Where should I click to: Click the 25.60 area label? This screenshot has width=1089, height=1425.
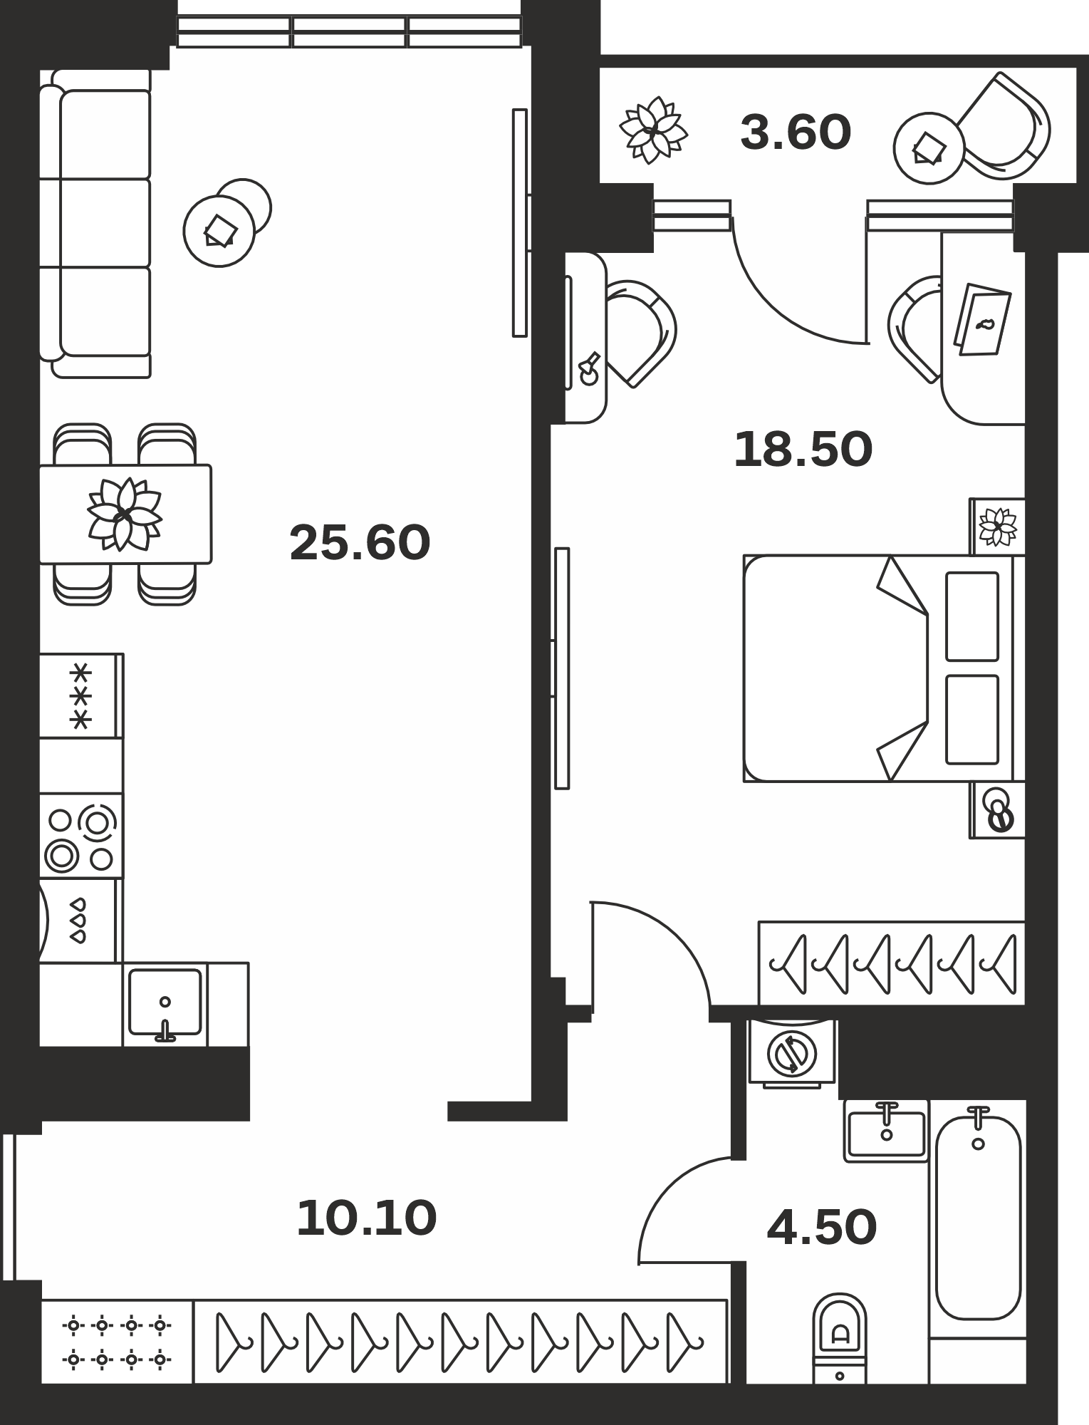tap(360, 543)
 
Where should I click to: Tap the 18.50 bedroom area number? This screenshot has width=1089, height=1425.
tap(803, 450)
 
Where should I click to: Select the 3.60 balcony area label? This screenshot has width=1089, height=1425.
tap(796, 133)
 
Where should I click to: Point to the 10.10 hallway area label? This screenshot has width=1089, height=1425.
tap(366, 1218)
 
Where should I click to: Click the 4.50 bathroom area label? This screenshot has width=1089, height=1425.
tap(821, 1227)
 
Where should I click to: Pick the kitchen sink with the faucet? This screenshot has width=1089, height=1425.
tap(165, 1003)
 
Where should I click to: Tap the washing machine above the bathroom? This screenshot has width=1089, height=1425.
tap(792, 1053)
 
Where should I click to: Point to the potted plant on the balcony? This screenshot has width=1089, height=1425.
tap(653, 130)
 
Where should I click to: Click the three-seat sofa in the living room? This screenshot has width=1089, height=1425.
tap(95, 223)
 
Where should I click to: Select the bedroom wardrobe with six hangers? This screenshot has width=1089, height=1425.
tap(892, 963)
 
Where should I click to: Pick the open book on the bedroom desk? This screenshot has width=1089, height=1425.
tap(982, 319)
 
